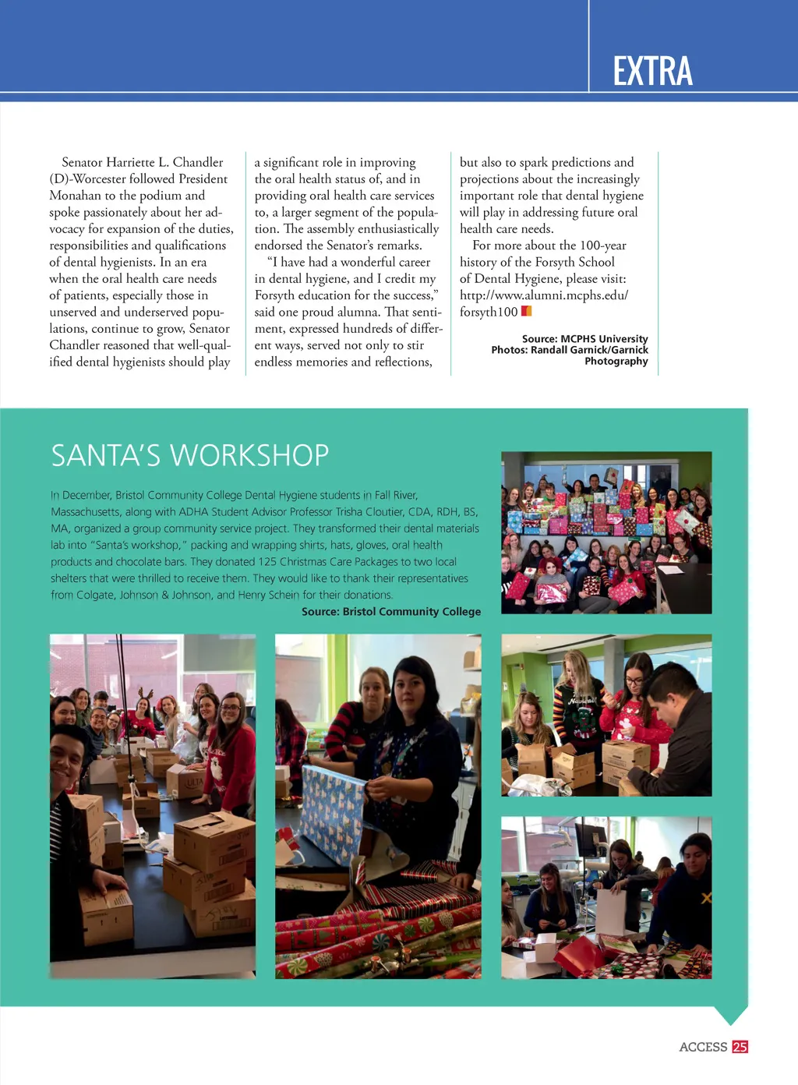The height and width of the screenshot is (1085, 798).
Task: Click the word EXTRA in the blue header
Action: pos(652,71)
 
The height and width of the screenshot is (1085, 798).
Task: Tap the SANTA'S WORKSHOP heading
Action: pos(190,455)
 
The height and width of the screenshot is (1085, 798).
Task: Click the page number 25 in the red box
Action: pos(740,1047)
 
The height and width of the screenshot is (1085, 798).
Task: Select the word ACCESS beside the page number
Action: pos(703,1047)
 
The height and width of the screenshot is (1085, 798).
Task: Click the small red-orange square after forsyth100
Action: pos(526,311)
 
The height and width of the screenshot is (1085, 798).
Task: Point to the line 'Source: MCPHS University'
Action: pos(584,339)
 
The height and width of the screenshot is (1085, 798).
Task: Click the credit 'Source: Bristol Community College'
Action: pos(391,612)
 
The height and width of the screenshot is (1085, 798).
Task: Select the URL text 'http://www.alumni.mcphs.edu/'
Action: pos(543,295)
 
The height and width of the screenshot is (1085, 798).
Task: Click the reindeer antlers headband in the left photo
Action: pos(145,692)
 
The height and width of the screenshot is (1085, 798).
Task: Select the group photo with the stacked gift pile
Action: pos(606,532)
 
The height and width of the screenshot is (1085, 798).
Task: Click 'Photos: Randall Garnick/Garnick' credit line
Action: pos(569,350)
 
